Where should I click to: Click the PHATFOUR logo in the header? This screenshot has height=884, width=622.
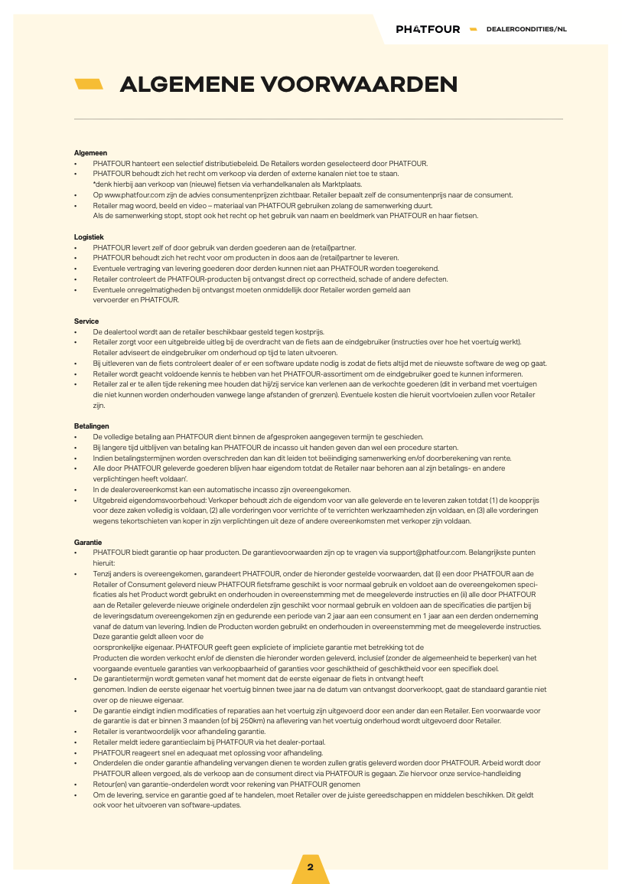tap(428, 29)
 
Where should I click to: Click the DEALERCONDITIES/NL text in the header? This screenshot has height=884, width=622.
tap(526, 29)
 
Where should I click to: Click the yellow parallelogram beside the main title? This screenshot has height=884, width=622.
tap(89, 84)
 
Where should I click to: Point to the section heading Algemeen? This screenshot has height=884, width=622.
tap(90, 153)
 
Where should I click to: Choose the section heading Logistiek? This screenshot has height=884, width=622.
tap(88, 237)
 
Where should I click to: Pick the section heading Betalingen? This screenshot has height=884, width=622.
tap(91, 425)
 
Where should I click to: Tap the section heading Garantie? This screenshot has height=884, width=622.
tap(87, 542)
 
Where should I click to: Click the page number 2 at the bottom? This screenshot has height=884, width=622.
tap(311, 867)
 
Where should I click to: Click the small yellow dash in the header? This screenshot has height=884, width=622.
tap(473, 29)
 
